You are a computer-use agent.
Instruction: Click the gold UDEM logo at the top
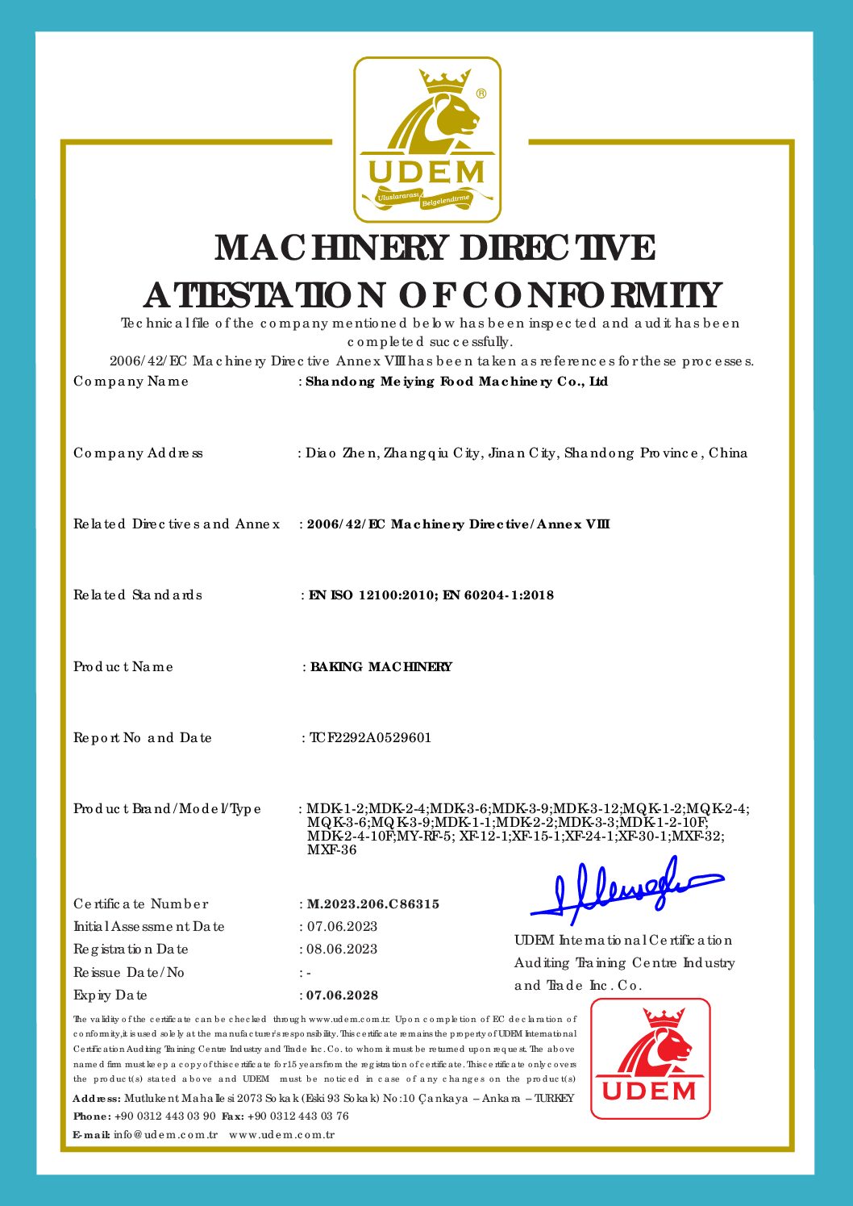426,140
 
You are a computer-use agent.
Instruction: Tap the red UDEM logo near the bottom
650,1058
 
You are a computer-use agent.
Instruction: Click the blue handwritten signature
625,891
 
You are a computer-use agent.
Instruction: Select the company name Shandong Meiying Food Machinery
456,382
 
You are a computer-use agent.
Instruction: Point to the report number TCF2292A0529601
370,737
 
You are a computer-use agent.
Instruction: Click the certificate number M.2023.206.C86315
372,904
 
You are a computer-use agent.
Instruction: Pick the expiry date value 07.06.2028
342,995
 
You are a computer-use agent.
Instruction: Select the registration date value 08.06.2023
342,949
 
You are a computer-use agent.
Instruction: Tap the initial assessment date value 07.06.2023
342,927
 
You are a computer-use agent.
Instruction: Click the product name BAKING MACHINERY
381,667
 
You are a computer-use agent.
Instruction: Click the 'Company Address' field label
138,453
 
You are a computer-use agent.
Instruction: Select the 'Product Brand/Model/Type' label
167,809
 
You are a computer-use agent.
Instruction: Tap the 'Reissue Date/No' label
129,973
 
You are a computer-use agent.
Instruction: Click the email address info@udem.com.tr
165,1135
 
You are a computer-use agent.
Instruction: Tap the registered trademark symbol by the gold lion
481,94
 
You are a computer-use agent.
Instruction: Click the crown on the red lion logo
664,1017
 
